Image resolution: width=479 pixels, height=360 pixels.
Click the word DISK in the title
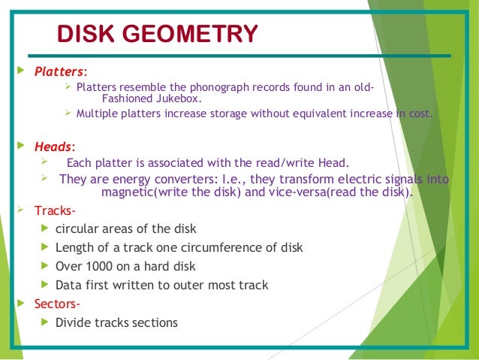tap(85, 34)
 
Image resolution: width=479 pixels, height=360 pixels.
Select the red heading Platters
tap(59, 73)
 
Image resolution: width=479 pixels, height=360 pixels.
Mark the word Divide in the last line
tap(74, 323)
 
